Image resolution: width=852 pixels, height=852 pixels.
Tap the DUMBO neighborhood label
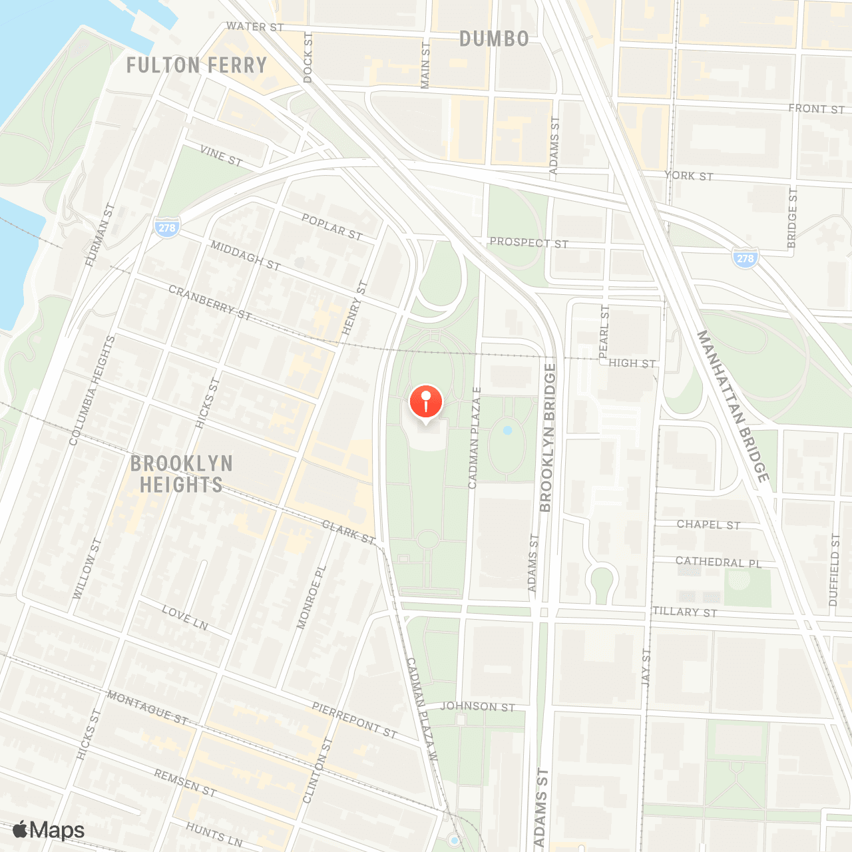click(494, 39)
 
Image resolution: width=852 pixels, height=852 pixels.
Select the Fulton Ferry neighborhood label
click(196, 65)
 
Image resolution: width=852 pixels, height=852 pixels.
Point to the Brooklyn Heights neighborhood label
click(181, 474)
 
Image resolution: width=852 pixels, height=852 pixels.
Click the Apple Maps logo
click(49, 830)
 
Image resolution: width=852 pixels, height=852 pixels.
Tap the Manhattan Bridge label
click(734, 405)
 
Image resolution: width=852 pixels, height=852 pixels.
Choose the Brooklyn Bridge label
click(547, 437)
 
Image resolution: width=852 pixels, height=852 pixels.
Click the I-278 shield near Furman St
click(166, 227)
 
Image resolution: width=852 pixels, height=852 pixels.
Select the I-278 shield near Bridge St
click(745, 258)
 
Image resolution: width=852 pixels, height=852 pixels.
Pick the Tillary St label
click(685, 612)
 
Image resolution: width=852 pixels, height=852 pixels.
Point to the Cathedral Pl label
click(718, 562)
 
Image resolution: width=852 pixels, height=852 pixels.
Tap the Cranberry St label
click(210, 302)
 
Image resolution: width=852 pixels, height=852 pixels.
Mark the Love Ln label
click(185, 617)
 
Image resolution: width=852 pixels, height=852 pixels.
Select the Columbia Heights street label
click(93, 390)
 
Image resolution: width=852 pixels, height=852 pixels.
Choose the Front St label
click(816, 108)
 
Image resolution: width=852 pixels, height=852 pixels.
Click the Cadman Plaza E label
click(474, 437)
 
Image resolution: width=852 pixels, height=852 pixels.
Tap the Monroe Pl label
click(312, 597)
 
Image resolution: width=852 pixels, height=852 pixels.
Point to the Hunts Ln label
click(214, 834)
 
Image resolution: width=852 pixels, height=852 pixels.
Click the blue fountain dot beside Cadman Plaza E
click(508, 431)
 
